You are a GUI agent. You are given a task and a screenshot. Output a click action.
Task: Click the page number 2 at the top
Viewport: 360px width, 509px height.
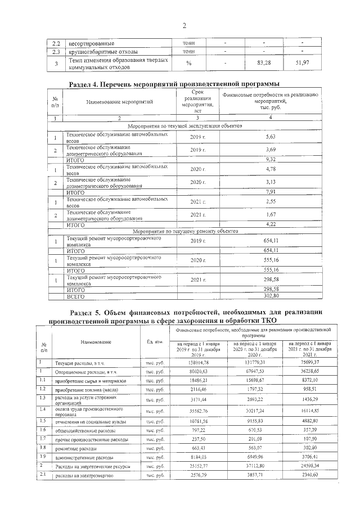183,25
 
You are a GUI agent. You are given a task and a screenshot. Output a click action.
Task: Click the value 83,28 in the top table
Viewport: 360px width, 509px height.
263,62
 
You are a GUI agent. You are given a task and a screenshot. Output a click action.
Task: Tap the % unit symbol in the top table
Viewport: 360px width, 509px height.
188,62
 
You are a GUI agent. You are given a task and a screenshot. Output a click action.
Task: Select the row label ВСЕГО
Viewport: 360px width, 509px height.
75,295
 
